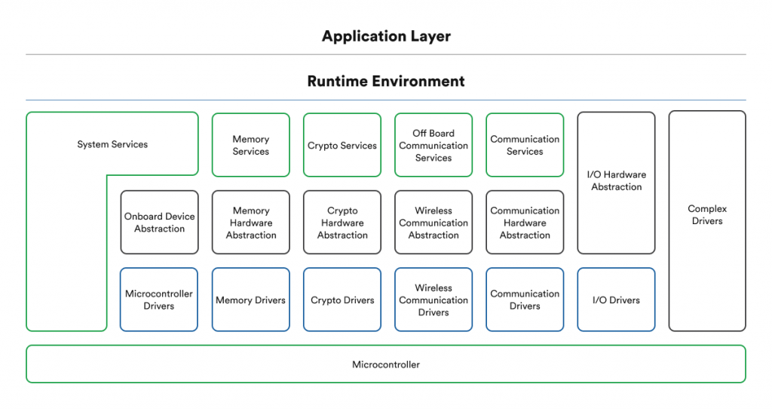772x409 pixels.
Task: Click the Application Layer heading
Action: [x=386, y=36]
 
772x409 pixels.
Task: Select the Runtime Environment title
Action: [x=386, y=81]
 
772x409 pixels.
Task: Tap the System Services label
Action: [x=112, y=144]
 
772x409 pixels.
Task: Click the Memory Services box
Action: [x=250, y=145]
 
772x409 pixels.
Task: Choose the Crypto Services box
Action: [x=342, y=145]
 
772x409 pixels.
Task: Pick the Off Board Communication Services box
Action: [x=433, y=145]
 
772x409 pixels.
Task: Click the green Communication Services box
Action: [x=525, y=145]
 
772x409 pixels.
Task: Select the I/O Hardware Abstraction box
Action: [x=616, y=181]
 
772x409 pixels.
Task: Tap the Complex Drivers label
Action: [x=707, y=215]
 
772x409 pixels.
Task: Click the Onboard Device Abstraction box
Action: [x=159, y=223]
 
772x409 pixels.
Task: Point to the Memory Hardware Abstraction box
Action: [x=250, y=223]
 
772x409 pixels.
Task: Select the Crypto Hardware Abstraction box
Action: [x=342, y=223]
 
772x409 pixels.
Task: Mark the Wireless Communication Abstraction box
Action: [x=433, y=223]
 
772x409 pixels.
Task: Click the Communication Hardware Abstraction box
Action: [x=525, y=223]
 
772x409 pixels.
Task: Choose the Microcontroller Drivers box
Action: [x=159, y=300]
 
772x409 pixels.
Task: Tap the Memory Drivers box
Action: [x=250, y=300]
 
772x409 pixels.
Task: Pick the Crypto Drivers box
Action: [x=342, y=300]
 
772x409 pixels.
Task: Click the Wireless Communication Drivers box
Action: [x=433, y=300]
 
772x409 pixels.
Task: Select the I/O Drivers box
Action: [x=616, y=300]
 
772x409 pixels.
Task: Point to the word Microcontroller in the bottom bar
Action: [x=386, y=364]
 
